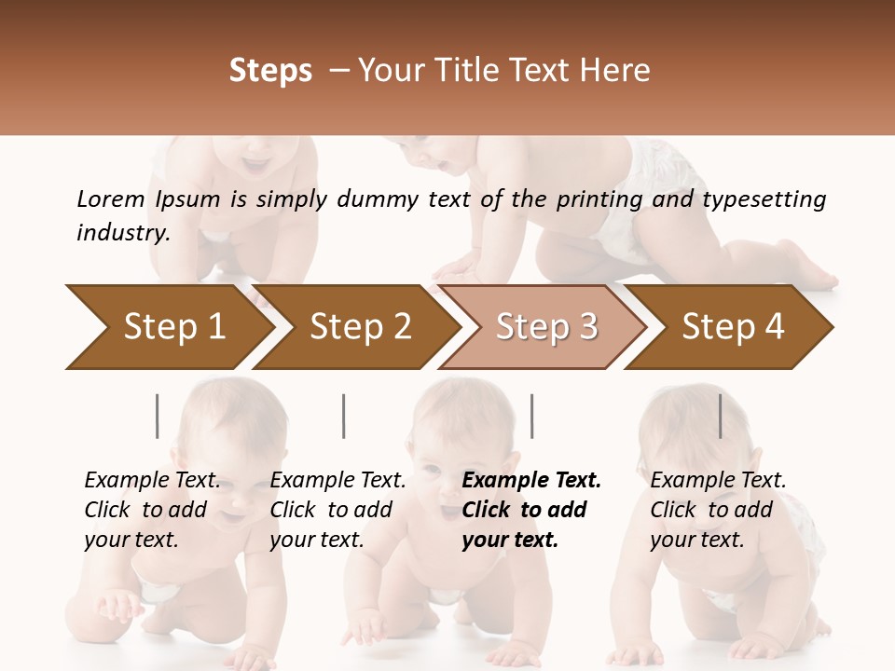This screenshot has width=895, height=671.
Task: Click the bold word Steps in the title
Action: (270, 71)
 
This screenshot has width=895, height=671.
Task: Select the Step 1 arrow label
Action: (174, 326)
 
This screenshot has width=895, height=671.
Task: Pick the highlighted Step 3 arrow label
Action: (546, 326)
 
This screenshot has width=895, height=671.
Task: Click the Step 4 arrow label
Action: (733, 326)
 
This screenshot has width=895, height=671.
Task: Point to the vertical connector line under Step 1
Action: (158, 416)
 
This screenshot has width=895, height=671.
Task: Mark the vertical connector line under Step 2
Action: (344, 416)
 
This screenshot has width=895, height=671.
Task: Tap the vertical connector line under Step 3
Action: (531, 416)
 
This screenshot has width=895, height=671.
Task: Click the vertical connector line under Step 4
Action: (720, 416)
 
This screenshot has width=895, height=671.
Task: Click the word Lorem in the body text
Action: (111, 199)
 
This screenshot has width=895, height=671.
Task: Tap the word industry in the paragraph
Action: (123, 233)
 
